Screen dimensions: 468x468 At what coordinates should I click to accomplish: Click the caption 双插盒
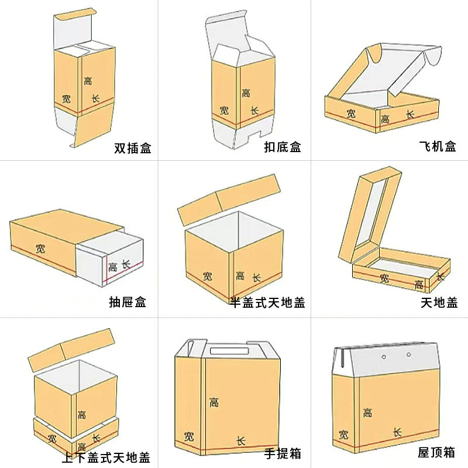(x=133, y=149)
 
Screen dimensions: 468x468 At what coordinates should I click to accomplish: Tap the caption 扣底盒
(x=283, y=147)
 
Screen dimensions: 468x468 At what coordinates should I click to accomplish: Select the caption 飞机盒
(x=438, y=147)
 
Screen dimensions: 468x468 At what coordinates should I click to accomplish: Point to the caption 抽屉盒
(x=128, y=302)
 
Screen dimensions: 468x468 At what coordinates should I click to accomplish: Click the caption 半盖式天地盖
(x=267, y=302)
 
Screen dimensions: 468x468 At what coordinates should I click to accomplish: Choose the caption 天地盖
(x=439, y=302)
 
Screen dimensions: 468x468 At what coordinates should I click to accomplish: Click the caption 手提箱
(x=283, y=453)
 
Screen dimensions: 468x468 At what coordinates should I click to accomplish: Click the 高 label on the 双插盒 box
(x=88, y=81)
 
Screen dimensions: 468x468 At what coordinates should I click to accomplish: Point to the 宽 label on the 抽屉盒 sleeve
(x=40, y=248)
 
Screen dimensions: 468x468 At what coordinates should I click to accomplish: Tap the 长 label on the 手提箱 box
(x=240, y=440)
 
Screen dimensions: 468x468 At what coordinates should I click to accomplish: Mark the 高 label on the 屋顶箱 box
(x=367, y=412)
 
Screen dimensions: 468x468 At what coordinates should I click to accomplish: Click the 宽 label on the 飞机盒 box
(x=350, y=113)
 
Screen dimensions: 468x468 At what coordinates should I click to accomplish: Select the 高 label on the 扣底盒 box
(x=246, y=92)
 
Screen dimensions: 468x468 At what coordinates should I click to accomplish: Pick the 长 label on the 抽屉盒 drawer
(x=125, y=264)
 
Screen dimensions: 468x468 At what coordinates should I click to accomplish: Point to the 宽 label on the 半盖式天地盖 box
(x=208, y=276)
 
